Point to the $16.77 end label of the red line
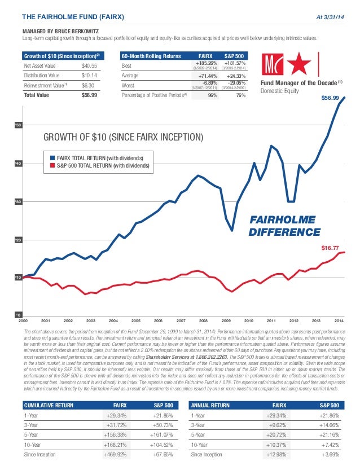pyautogui.click(x=330, y=248)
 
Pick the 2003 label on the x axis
pyautogui.click(x=91, y=320)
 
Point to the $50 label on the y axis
pyautogui.click(x=17, y=125)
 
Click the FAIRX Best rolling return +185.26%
pyautogui.click(x=204, y=64)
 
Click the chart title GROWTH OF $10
pyautogui.click(x=124, y=137)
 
